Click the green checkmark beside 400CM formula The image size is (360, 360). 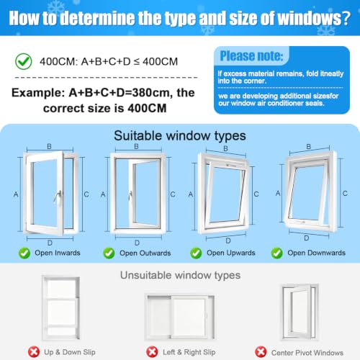click(24, 61)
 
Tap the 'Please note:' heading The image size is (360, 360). click(251, 56)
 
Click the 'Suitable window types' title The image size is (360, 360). click(180, 135)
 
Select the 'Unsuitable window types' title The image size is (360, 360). click(180, 275)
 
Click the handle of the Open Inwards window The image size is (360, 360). click(58, 197)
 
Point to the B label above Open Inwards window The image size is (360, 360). click(49, 146)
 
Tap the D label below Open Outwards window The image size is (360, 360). click(137, 243)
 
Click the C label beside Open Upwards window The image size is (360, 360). click(256, 194)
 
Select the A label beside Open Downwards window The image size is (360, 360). click(278, 193)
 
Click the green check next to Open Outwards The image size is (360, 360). click(109, 253)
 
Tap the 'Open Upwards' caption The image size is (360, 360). click(231, 253)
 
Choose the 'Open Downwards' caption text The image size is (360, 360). click(316, 253)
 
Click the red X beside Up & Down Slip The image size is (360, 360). click(34, 352)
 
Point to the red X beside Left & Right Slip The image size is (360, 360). click(152, 352)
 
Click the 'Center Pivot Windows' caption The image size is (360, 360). click(307, 353)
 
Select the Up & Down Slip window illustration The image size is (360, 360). click(60, 308)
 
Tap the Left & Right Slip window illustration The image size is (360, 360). click(180, 317)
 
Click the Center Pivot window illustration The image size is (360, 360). click(300, 312)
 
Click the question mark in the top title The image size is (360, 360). click(346, 18)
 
